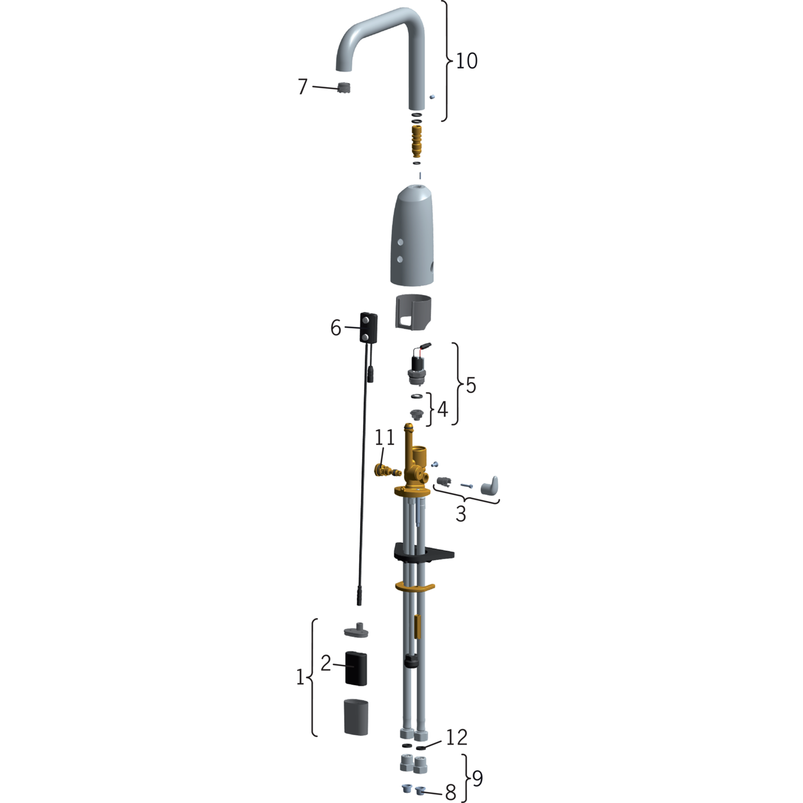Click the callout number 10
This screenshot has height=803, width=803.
(466, 61)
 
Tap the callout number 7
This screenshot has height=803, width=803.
(303, 86)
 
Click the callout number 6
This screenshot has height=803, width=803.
(335, 328)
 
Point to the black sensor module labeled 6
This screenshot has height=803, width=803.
(369, 327)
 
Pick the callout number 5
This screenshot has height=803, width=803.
(471, 385)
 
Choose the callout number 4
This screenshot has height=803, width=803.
(442, 409)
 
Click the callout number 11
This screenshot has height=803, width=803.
(384, 437)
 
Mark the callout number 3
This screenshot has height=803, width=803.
(461, 514)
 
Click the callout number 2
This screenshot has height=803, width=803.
(326, 662)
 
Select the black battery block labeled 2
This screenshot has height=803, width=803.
(356, 667)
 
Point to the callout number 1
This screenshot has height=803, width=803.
(300, 677)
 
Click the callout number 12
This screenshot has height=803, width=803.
(456, 737)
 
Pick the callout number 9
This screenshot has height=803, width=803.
(477, 778)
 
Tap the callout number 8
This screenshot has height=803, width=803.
(450, 792)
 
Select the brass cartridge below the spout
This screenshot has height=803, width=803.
(417, 141)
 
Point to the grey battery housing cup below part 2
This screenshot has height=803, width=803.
(356, 717)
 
